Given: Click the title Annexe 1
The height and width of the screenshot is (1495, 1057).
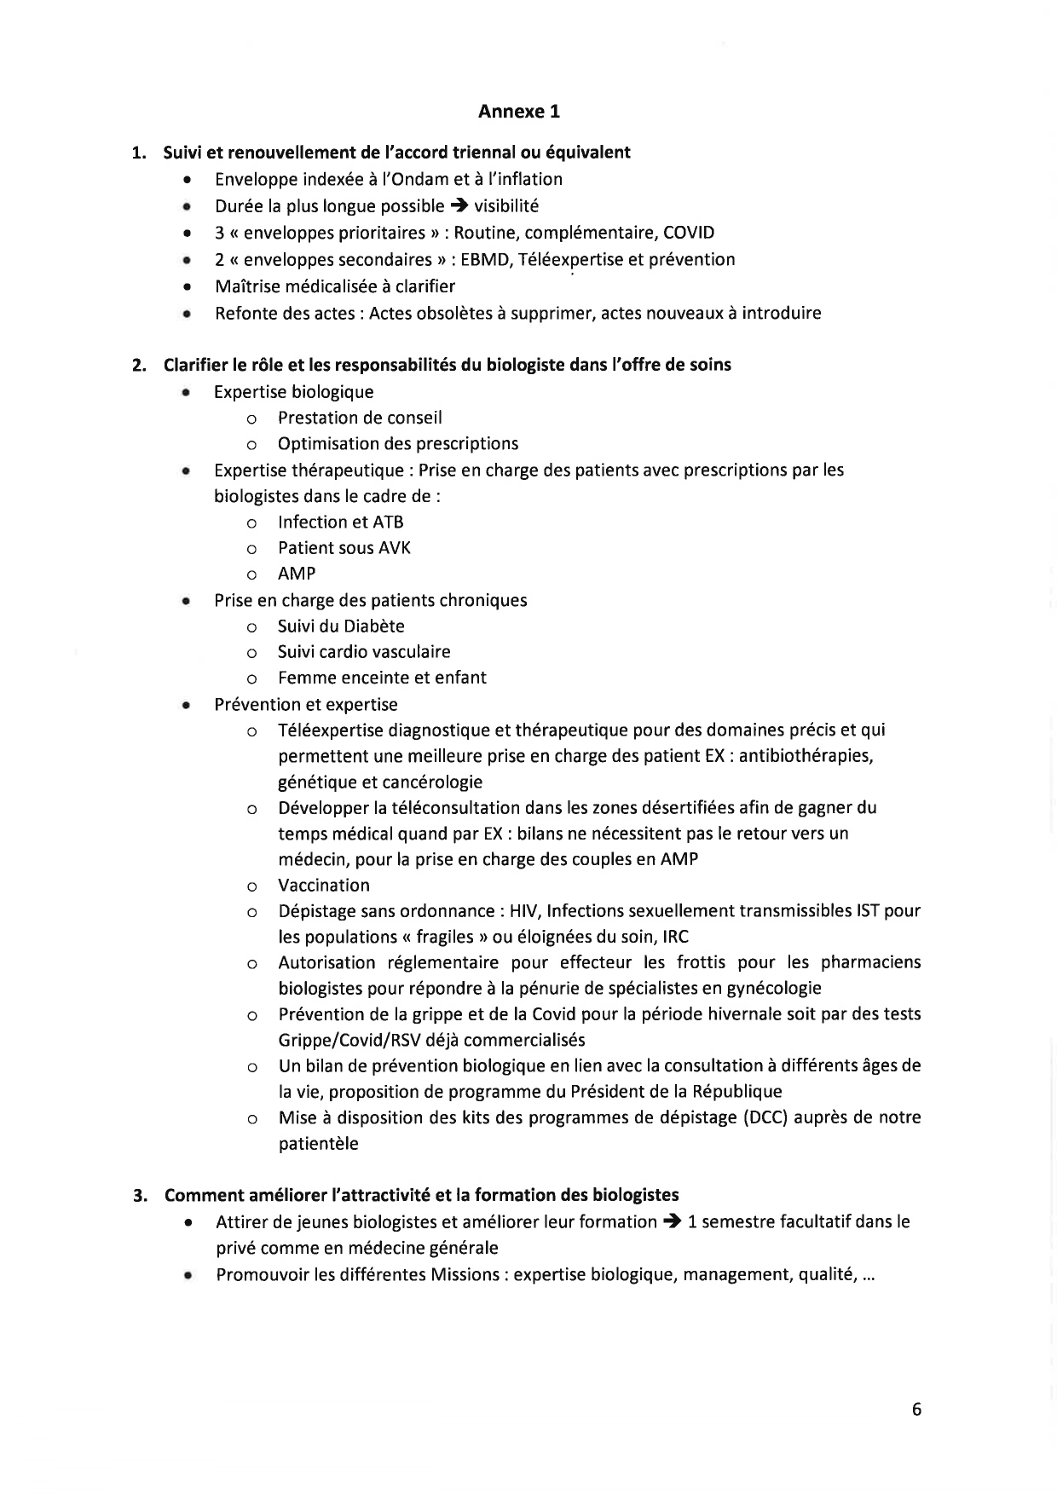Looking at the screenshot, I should pyautogui.click(x=518, y=111).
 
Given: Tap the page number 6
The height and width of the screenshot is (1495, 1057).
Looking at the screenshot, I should pyautogui.click(x=916, y=1409).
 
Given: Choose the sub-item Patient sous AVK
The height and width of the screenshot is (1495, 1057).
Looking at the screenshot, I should pyautogui.click(x=344, y=547).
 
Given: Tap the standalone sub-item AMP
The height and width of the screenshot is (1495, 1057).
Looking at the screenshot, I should pyautogui.click(x=296, y=574).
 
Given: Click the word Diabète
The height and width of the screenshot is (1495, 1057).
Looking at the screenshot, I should pyautogui.click(x=374, y=626).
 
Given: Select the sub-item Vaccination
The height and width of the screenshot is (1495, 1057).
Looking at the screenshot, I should pyautogui.click(x=323, y=885).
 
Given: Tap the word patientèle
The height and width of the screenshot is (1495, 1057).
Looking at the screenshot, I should pyautogui.click(x=318, y=1143).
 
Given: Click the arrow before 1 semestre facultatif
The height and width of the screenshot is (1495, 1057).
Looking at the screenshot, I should pyautogui.click(x=672, y=1221).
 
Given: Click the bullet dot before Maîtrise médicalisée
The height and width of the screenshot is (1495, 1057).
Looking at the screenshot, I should pyautogui.click(x=185, y=286).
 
